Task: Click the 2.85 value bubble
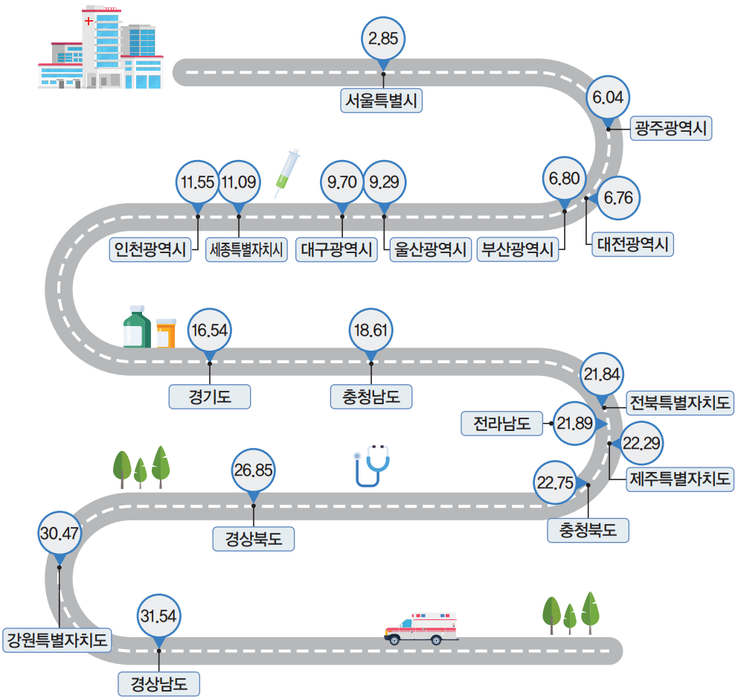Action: (x=383, y=39)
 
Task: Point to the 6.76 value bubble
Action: (x=618, y=198)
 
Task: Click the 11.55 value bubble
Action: (x=198, y=182)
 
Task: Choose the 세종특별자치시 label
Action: (x=247, y=249)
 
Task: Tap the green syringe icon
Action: (x=287, y=172)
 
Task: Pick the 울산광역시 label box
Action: (x=431, y=249)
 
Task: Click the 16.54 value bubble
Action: (x=210, y=330)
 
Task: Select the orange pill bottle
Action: (x=165, y=333)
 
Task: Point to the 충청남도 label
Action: (x=371, y=397)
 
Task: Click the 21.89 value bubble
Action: (x=575, y=424)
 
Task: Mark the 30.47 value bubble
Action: (x=60, y=534)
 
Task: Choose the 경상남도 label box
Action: (x=159, y=683)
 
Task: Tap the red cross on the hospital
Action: (x=90, y=22)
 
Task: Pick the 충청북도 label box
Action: (x=588, y=531)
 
